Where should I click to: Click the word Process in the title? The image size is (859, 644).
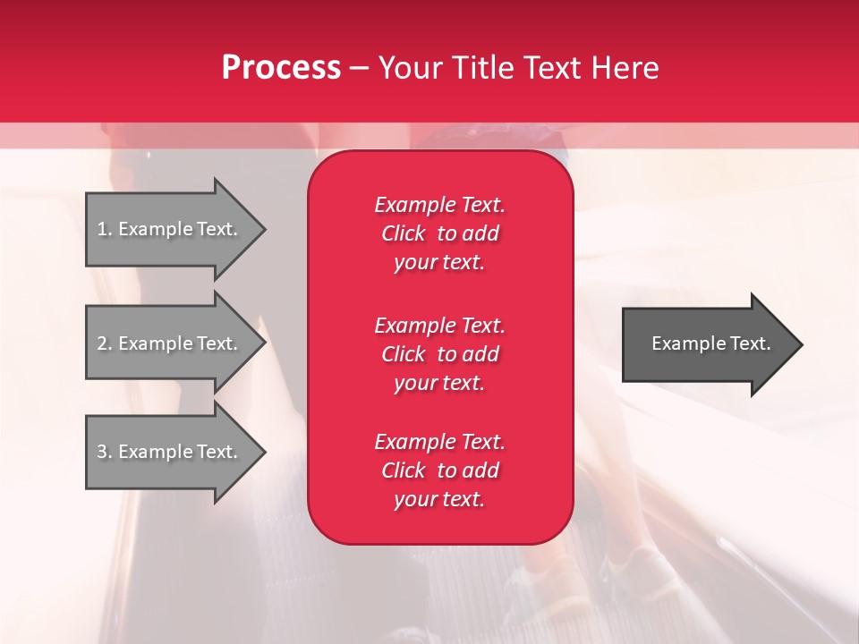click(x=281, y=67)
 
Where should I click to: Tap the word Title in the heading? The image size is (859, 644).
click(x=484, y=67)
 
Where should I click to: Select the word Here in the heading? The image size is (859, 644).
click(x=625, y=67)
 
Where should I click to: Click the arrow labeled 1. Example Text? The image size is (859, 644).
click(x=175, y=229)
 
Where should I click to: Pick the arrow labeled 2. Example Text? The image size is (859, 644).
click(x=175, y=343)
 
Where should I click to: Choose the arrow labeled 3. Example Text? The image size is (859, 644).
click(x=175, y=451)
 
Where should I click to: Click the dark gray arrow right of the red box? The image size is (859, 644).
click(x=712, y=344)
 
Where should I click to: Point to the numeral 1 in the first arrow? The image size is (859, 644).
click(x=101, y=229)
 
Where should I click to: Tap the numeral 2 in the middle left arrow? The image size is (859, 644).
click(x=102, y=343)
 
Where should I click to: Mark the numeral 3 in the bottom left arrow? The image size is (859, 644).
click(x=102, y=452)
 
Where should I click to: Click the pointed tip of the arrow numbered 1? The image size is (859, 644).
click(x=266, y=229)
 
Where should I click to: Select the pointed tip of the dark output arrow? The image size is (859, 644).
click(x=803, y=344)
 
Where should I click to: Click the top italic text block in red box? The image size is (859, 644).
click(x=439, y=233)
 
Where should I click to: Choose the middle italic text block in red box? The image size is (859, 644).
click(x=439, y=354)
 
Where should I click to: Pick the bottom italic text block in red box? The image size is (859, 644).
click(x=439, y=470)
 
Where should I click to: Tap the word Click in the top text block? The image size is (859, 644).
click(x=404, y=233)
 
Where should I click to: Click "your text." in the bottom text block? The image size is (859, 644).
click(x=439, y=499)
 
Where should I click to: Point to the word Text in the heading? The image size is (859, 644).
click(x=554, y=67)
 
